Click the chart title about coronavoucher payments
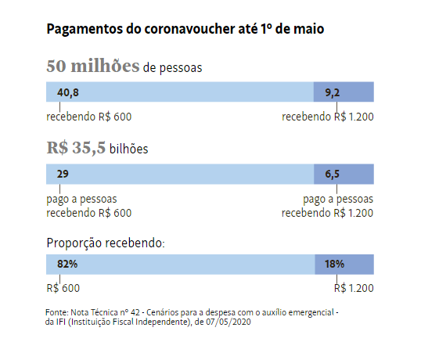pos(185,29)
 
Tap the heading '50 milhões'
pos(93,66)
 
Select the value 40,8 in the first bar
pos(67,92)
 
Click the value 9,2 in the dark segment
pos(333,93)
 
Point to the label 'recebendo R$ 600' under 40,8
pos(89,117)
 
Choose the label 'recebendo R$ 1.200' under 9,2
pos(328,117)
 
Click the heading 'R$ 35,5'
pos(76,148)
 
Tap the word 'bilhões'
pos(128,149)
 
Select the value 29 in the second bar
pos(63,174)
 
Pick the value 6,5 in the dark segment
pos(332,175)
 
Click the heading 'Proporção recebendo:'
pos(106,243)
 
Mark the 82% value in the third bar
pos(67,265)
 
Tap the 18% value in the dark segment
pos(334,265)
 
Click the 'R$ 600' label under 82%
pos(63,288)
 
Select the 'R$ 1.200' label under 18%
pos(354,288)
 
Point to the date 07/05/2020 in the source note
pos(228,322)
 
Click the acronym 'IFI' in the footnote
pos(61,322)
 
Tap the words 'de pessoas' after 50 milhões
pos(173,67)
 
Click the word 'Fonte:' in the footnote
pos(57,312)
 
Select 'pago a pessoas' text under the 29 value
pos(81,200)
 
